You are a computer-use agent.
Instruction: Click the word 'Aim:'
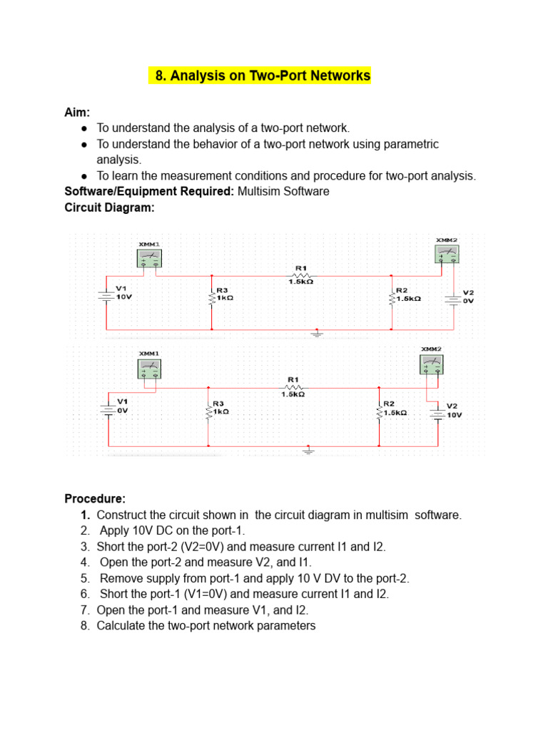point(77,112)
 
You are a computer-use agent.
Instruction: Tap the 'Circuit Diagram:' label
point(109,208)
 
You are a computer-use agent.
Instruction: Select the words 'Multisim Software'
point(283,192)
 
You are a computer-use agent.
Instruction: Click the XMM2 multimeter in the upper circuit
point(447,254)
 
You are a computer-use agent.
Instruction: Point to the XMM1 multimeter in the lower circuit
point(149,368)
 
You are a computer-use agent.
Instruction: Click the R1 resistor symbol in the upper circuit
point(301,275)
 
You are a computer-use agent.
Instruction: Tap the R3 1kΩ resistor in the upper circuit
point(213,298)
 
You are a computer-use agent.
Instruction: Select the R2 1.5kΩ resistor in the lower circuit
point(379,412)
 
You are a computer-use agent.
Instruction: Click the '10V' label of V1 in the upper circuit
point(124,297)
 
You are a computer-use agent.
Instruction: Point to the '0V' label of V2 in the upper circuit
point(468,301)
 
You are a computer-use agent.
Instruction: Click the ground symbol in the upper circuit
point(318,333)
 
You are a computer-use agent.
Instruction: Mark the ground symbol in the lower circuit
point(308,451)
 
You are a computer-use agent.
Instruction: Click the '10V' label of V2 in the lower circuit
point(455,414)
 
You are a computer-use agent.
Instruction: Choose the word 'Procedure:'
point(95,498)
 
